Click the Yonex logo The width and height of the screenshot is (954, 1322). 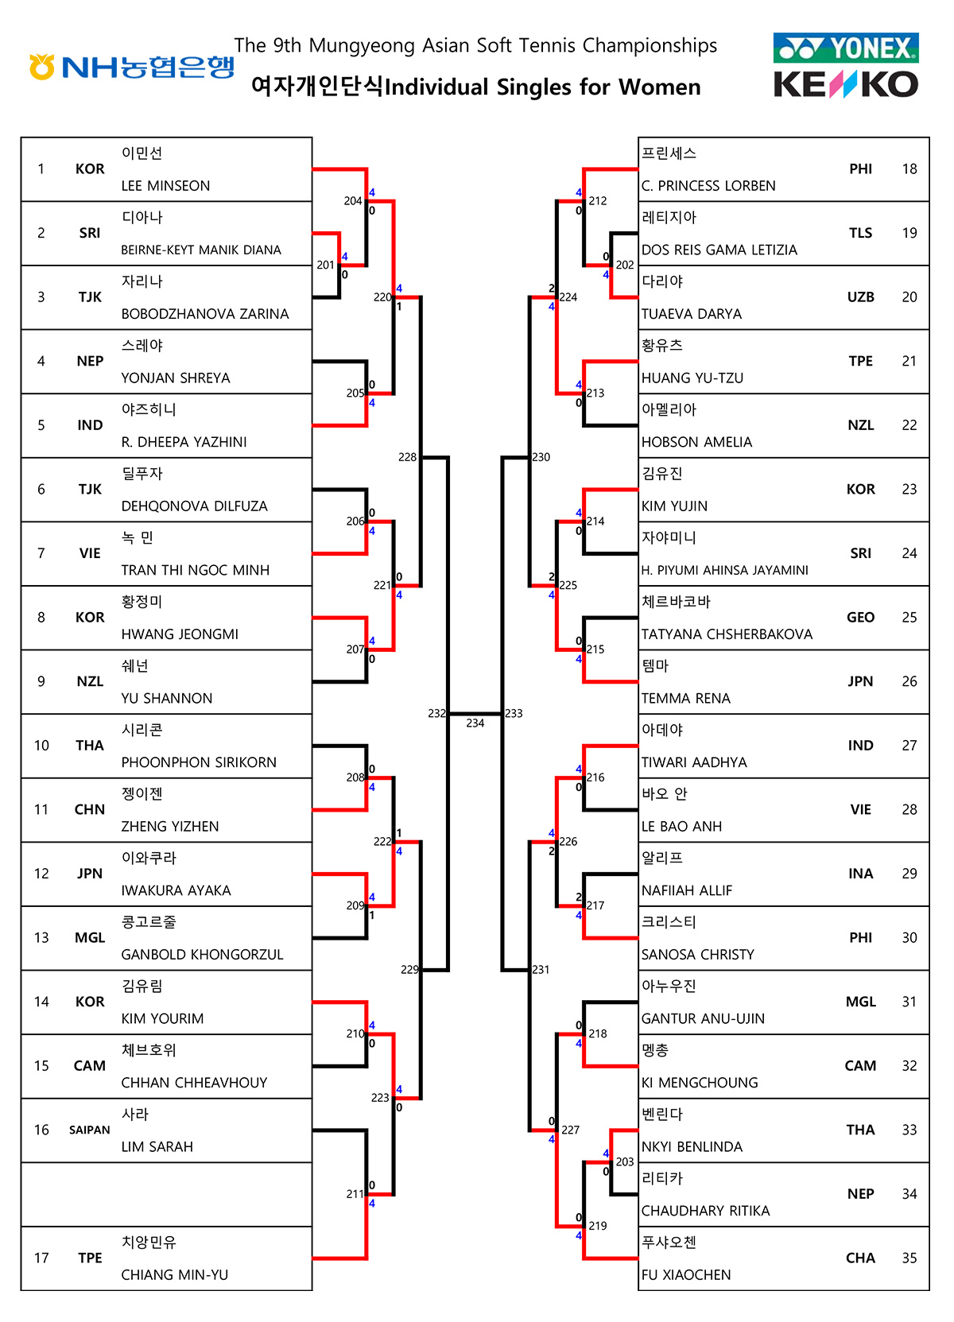(x=846, y=48)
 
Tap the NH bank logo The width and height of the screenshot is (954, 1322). (x=132, y=67)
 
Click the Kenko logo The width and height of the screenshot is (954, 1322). (x=846, y=84)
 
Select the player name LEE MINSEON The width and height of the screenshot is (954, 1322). (x=165, y=186)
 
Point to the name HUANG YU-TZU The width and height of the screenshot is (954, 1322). (x=692, y=378)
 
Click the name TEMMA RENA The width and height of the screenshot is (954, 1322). (x=685, y=699)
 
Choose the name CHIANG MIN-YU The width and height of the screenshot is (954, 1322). (x=174, y=1275)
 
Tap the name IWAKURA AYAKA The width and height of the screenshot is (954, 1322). (x=176, y=891)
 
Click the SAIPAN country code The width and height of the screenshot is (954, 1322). (x=89, y=1130)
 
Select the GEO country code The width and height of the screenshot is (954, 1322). (x=860, y=618)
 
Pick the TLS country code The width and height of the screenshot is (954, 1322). (x=860, y=233)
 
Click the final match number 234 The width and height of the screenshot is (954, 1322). (x=475, y=723)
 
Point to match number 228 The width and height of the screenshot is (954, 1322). (x=407, y=457)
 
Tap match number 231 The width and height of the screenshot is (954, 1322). (x=541, y=970)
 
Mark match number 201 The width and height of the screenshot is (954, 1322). (x=325, y=265)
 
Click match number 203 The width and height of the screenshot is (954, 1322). (x=625, y=1162)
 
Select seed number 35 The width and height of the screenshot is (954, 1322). (x=909, y=1258)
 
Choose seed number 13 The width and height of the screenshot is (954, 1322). (x=41, y=938)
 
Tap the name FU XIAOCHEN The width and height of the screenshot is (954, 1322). (x=685, y=1275)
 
